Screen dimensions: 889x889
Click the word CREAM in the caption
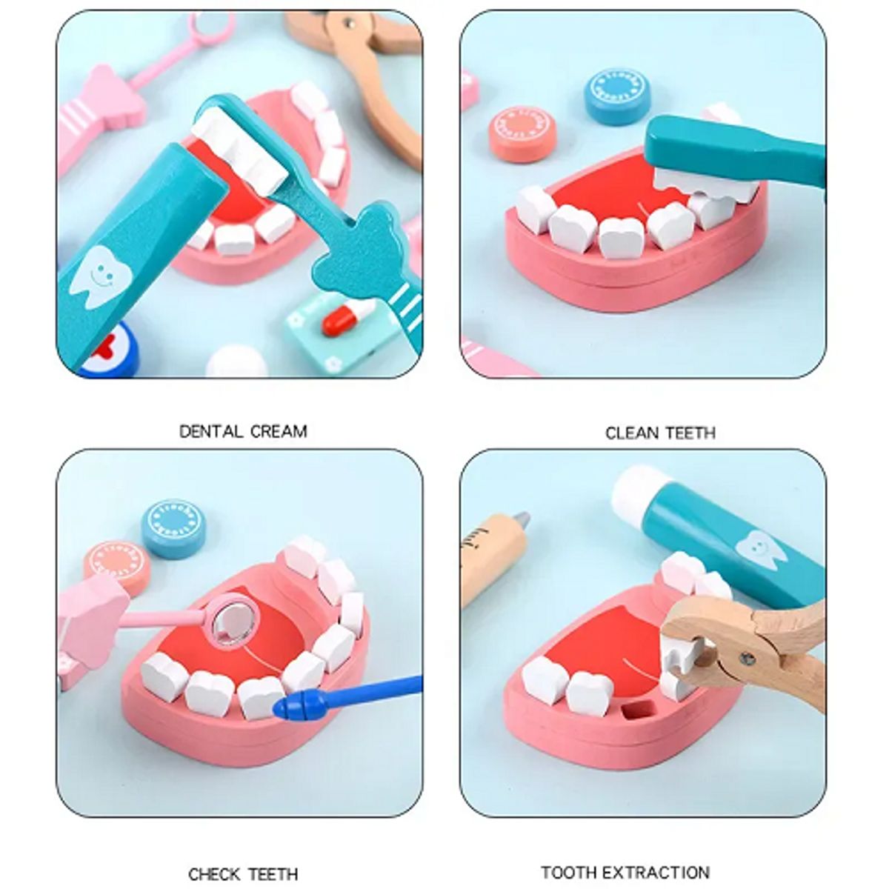tap(278, 431)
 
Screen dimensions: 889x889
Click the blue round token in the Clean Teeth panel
tap(617, 96)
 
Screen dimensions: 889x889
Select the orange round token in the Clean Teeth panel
tap(522, 133)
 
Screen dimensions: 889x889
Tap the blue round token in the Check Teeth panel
tap(174, 528)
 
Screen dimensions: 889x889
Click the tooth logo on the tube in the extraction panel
tap(760, 550)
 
